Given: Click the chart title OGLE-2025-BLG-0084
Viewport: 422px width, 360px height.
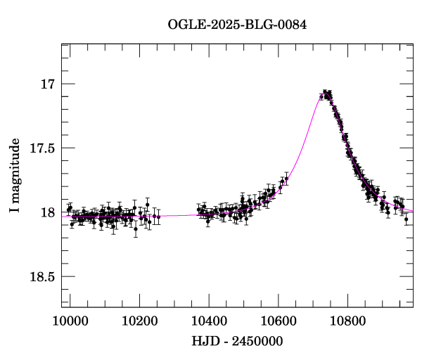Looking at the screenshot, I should coord(238,25).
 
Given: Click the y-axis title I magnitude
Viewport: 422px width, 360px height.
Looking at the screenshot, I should coord(15,176).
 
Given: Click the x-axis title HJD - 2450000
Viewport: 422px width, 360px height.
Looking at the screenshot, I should coord(238,342).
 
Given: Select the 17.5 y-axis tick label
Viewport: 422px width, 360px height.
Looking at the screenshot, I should coord(42,148).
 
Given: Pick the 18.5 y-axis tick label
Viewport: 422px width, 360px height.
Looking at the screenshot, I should coord(42,276).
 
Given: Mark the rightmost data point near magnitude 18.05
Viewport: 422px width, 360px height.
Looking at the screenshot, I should coord(407,219).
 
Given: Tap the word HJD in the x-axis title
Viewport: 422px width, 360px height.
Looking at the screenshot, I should coord(205,342).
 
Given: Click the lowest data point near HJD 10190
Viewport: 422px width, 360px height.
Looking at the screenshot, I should coord(136,229).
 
